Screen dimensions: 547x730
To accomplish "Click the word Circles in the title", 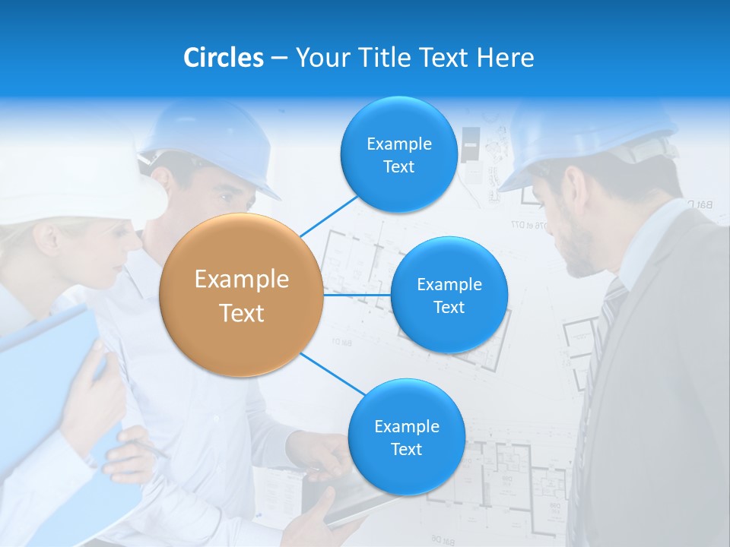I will [223, 58].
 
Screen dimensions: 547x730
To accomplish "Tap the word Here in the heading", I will [505, 58].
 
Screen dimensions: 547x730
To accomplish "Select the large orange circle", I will [241, 295].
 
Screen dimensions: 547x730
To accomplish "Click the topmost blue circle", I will [398, 154].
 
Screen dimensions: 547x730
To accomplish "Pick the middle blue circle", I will [449, 295].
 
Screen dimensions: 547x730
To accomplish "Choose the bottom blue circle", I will [406, 437].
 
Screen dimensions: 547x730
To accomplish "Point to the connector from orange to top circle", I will [329, 215].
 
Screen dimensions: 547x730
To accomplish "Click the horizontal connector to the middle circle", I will [357, 295].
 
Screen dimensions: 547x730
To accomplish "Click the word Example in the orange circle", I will [241, 280].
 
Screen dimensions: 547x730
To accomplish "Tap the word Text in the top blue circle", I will [398, 166].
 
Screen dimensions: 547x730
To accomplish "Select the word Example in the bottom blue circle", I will [406, 426].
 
